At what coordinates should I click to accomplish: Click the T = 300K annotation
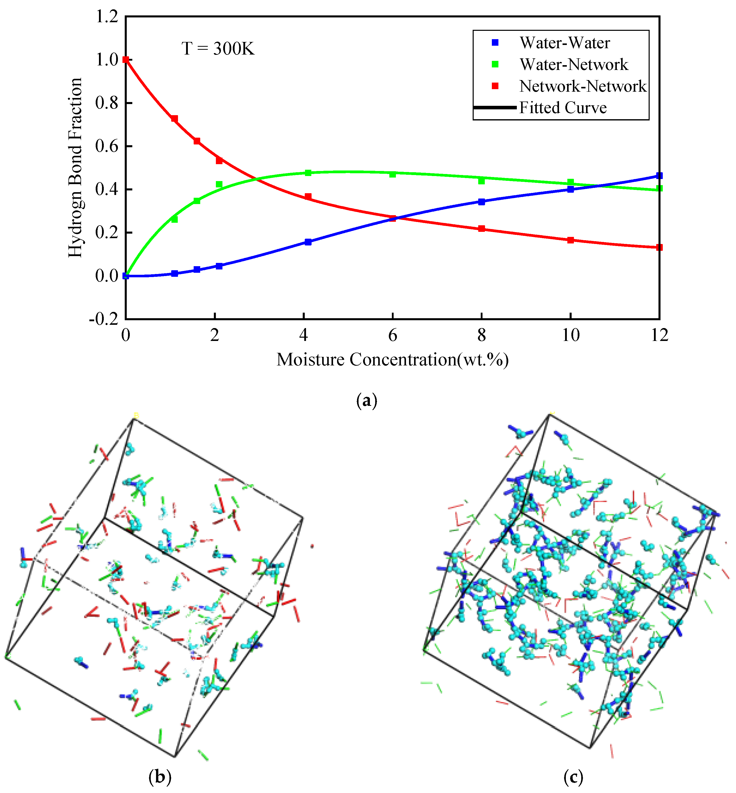pos(218,48)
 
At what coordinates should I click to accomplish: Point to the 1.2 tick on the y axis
pos(107,17)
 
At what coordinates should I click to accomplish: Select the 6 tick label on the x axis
pos(393,335)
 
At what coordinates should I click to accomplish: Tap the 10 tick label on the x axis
pos(570,335)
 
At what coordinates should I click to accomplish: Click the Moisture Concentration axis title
pos(392,360)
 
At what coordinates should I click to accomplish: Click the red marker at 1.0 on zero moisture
pos(126,60)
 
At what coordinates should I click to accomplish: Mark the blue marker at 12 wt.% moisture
pos(659,176)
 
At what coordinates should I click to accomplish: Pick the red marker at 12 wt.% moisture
pos(659,247)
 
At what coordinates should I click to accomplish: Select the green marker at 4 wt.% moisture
pos(308,173)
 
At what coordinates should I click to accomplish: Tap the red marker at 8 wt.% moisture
pos(481,229)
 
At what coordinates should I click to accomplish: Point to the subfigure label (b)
pos(160,777)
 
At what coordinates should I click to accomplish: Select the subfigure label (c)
pos(573,777)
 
